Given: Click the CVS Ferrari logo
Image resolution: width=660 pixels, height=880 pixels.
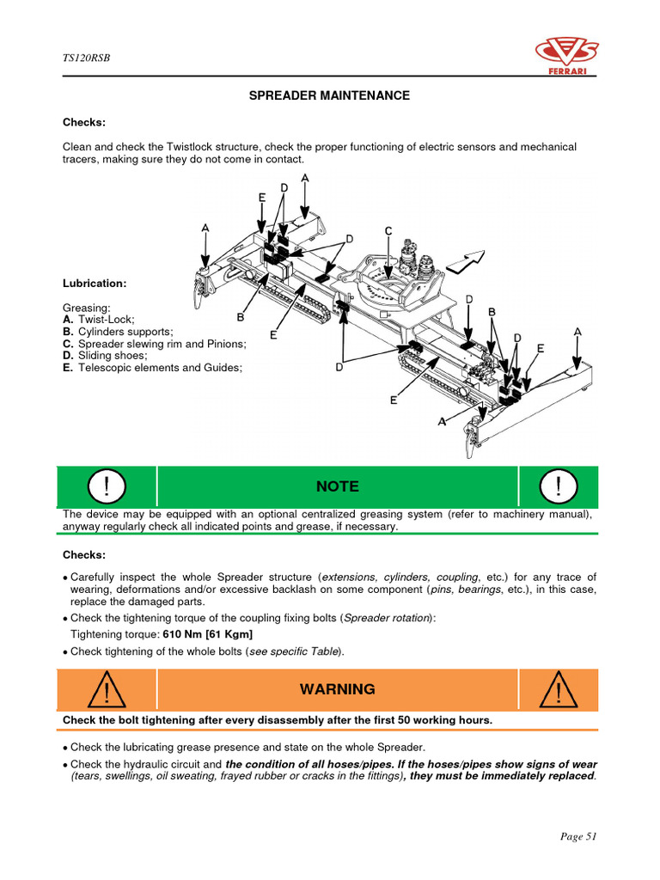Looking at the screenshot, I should [x=566, y=55].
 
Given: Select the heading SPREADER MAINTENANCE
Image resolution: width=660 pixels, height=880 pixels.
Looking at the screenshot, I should [x=329, y=95].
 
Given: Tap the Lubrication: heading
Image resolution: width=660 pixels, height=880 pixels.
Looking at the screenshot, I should [x=95, y=283].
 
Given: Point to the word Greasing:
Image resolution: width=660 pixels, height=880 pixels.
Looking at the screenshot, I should [x=86, y=306].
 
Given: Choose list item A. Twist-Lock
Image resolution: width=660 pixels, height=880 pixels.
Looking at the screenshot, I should [x=95, y=319].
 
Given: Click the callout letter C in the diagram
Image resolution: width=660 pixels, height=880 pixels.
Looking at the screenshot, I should [x=388, y=231].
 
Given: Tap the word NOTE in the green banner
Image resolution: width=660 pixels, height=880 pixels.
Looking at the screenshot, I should [x=337, y=486].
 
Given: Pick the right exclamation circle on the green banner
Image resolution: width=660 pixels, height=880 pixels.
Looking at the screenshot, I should [x=558, y=487].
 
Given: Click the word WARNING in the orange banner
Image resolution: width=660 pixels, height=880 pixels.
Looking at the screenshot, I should [x=337, y=689].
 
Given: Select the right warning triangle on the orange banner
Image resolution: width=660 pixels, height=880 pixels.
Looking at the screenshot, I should [x=558, y=690].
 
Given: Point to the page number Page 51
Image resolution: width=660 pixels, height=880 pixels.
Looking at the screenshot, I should [x=577, y=836].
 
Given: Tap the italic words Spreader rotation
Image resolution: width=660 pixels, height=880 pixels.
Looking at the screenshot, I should [x=388, y=619].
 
